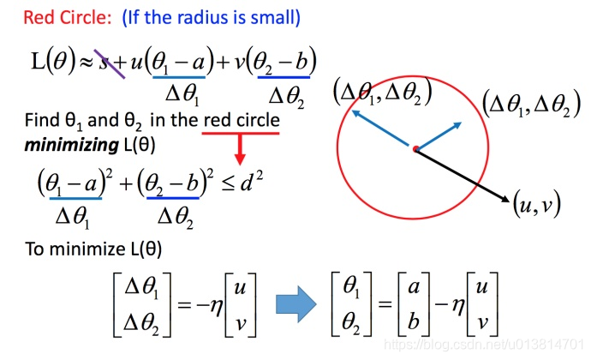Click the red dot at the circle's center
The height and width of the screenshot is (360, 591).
(x=415, y=150)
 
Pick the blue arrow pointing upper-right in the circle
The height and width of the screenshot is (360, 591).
(x=441, y=135)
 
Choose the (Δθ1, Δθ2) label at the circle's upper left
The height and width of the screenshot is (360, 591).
(x=381, y=91)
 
